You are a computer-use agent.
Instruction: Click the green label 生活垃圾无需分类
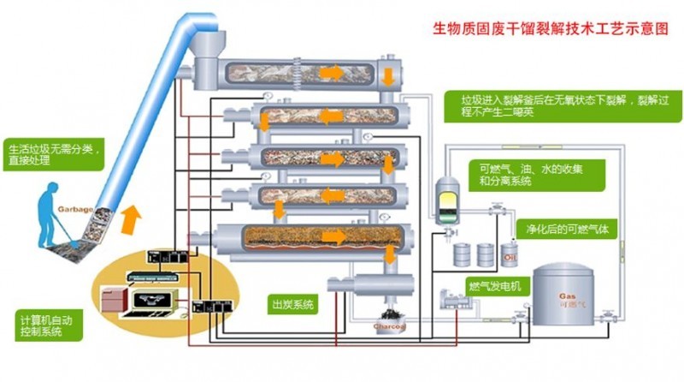point(53,152)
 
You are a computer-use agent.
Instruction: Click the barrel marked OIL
point(510,254)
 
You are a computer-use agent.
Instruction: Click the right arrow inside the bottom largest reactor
point(339,236)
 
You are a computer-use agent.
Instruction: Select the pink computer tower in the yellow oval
point(115,300)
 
